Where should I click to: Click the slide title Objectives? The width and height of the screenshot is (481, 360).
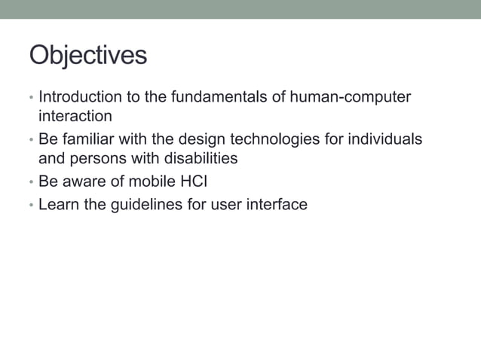87,56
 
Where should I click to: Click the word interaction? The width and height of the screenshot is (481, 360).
75,117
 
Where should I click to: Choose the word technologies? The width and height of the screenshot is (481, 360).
274,140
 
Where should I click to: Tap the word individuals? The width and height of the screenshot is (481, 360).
385,140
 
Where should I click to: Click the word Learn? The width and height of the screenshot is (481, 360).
59,205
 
